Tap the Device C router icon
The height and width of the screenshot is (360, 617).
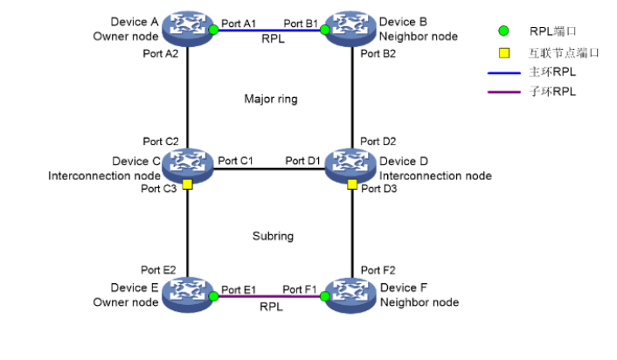click(188, 163)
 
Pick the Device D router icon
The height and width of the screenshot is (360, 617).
click(351, 163)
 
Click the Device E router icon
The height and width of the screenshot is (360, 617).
click(188, 295)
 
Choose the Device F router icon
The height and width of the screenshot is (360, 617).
click(351, 295)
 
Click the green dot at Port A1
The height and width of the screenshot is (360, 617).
click(213, 30)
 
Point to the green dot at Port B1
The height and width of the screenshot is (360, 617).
click(325, 30)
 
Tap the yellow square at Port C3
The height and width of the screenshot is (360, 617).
click(188, 184)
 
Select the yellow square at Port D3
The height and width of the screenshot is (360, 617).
click(351, 184)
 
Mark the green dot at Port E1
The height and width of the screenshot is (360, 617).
click(213, 297)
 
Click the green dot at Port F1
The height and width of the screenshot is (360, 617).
click(325, 297)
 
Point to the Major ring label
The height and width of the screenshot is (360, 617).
click(270, 99)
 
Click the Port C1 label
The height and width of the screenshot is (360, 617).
click(235, 161)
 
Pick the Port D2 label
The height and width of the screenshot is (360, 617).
click(378, 142)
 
